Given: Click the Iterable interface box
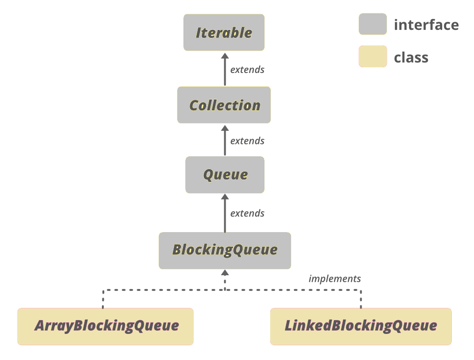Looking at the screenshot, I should pos(224,33).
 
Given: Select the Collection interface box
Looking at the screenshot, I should pos(224,105).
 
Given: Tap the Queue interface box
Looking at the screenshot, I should pos(225,175).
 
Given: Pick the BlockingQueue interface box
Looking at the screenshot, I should pos(225,251).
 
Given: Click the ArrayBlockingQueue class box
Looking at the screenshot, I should pos(105,326).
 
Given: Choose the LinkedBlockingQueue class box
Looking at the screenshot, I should pos(361,326).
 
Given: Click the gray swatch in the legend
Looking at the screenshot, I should pos(373,24).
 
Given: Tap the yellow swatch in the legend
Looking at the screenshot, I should pos(373,57).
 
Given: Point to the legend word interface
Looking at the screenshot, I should pos(426,25).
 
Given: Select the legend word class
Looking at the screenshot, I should pos(411,58).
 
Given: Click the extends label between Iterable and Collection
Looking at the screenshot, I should pos(247,70).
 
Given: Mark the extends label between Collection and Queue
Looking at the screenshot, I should pos(247,141).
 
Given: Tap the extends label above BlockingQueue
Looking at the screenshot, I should pos(247,214).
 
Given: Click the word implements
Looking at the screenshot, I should pos(335,279).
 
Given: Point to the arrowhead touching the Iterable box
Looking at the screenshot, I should pos(225,56).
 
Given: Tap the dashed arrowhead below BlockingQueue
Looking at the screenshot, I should pos(225,273).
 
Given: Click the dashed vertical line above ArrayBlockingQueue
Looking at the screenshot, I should pos(103,299).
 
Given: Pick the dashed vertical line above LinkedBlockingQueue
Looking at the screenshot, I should pos(361,299).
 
